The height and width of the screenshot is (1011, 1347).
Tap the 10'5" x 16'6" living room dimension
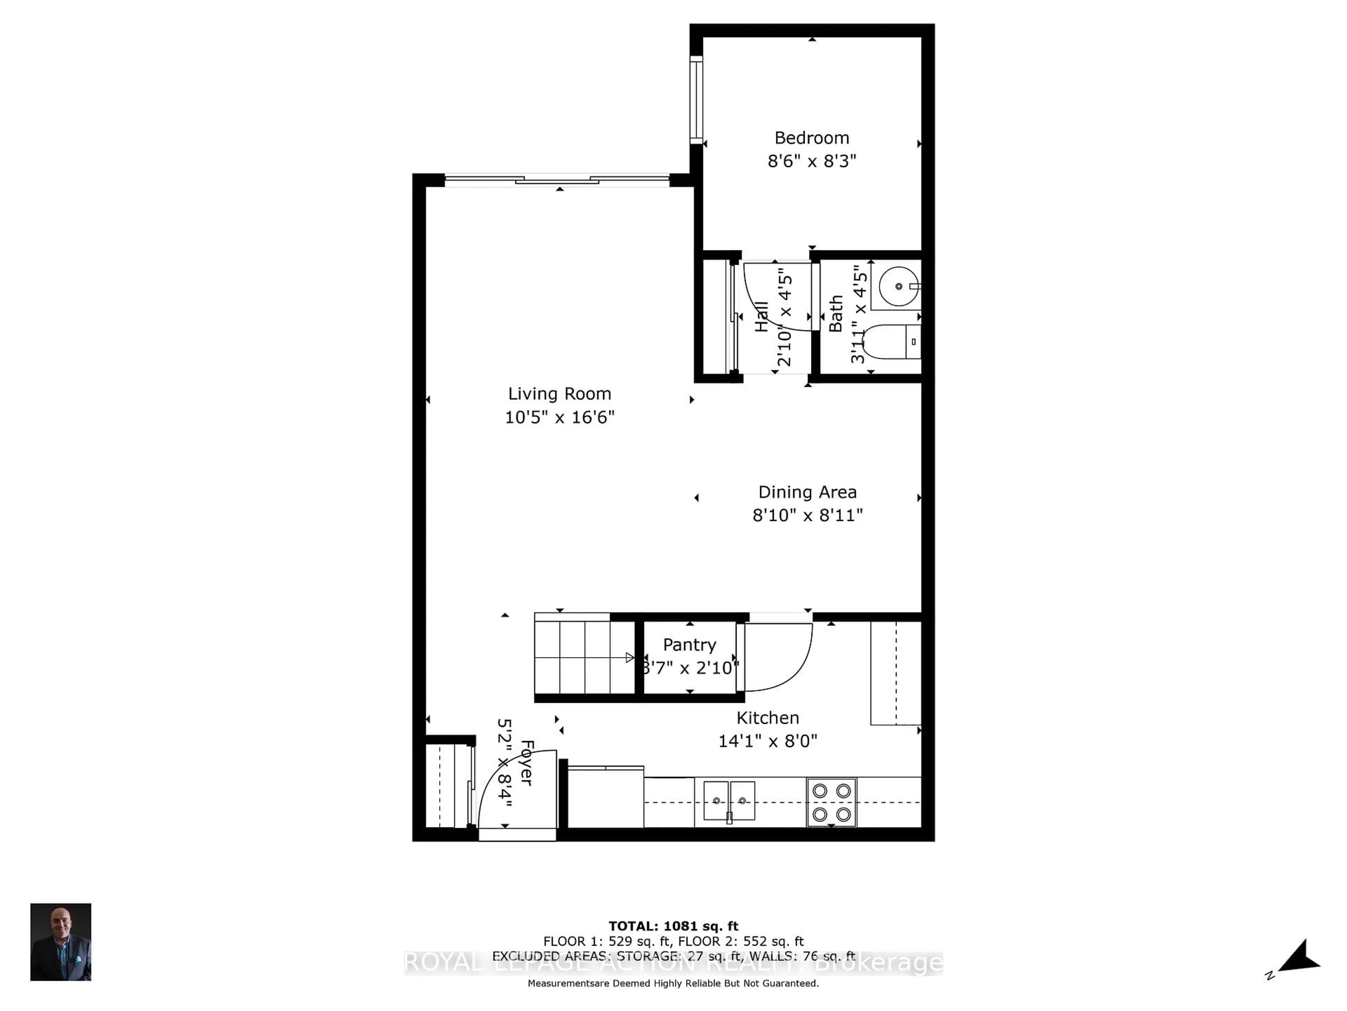click(x=559, y=417)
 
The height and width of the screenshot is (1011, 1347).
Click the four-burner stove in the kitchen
click(x=831, y=802)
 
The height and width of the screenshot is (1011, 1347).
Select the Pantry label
click(x=689, y=645)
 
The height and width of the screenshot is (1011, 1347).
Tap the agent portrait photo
click(x=61, y=941)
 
